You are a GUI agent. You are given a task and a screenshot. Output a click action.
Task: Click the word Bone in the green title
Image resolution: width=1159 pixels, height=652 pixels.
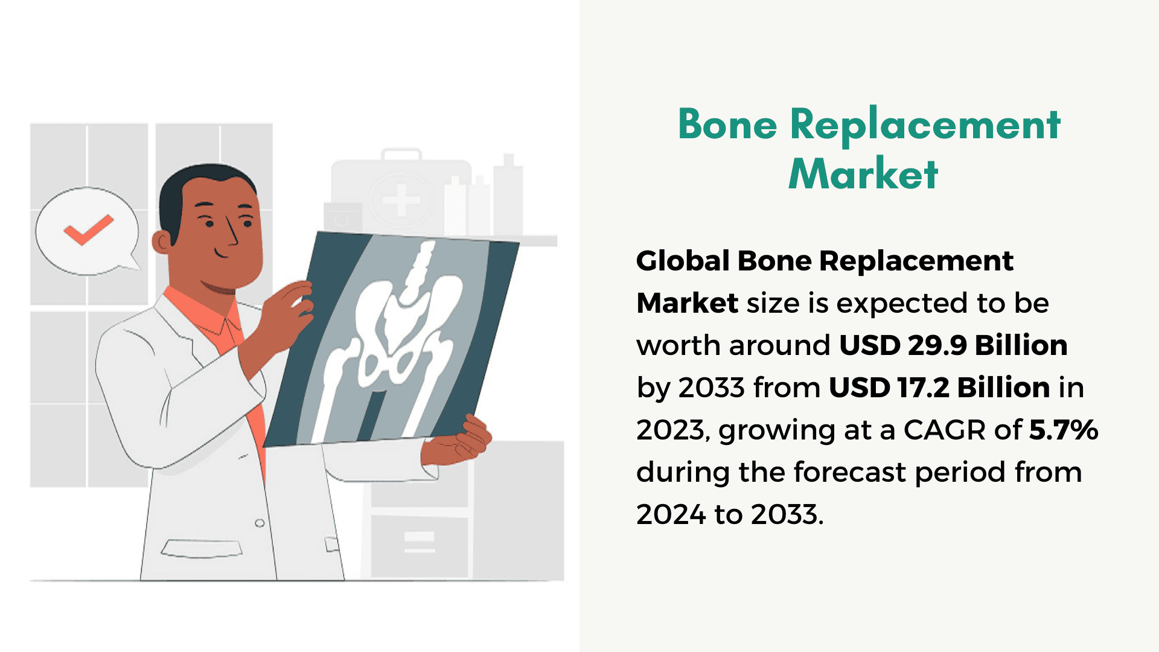[x=727, y=124]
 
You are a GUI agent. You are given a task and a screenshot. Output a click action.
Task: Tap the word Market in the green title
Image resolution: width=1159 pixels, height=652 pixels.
[x=863, y=174]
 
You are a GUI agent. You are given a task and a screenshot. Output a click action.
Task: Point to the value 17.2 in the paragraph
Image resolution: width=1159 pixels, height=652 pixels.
[x=923, y=388]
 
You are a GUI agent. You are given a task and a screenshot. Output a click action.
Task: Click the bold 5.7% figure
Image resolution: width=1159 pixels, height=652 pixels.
[x=1064, y=430]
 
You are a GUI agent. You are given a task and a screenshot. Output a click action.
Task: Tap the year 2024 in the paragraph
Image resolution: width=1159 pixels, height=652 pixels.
[x=671, y=514]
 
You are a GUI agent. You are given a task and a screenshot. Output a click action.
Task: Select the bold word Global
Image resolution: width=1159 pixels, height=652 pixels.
[x=683, y=261]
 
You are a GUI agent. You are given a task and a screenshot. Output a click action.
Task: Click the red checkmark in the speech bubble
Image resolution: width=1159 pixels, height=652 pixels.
[x=88, y=229]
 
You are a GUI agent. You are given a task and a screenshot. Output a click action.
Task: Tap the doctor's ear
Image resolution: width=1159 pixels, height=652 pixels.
[x=162, y=242]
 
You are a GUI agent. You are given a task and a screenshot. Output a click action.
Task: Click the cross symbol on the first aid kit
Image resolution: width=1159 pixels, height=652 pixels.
[x=401, y=199]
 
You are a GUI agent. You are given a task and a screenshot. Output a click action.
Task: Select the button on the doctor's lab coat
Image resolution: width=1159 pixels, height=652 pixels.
[x=260, y=523]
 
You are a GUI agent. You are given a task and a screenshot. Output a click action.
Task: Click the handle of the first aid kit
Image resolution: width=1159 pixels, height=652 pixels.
[x=401, y=155]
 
